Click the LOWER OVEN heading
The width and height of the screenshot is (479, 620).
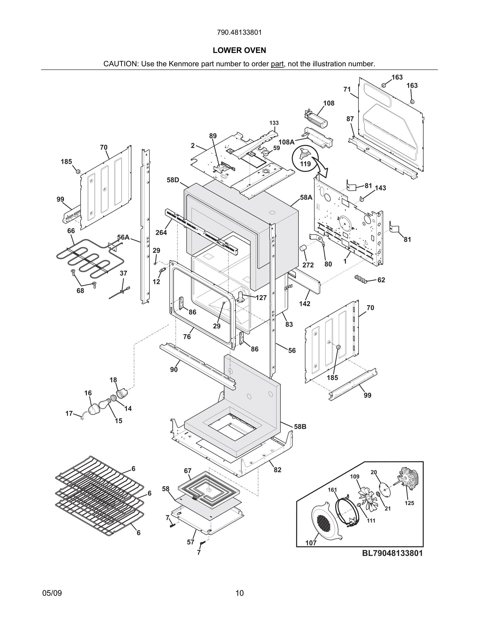point(239,51)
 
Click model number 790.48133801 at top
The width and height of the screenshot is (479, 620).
point(239,33)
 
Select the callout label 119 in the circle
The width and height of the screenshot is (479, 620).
point(305,164)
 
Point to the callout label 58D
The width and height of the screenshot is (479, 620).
point(173,180)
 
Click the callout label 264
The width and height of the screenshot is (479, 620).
point(161,232)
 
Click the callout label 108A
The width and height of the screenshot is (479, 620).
point(286,142)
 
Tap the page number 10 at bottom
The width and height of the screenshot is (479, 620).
point(239,593)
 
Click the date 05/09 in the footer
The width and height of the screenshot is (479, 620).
point(52,593)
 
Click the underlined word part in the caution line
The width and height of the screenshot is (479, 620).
point(277,64)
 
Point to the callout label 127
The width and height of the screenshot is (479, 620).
point(261,297)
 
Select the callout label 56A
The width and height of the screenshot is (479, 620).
point(123,237)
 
